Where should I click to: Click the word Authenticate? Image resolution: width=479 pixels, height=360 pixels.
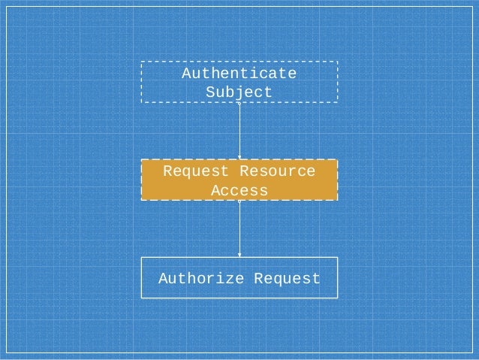click(239, 74)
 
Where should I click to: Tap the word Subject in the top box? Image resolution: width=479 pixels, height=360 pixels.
click(239, 92)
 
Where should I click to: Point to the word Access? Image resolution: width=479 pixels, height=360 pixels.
click(239, 191)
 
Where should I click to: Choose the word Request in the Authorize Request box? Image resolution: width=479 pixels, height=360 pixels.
click(287, 279)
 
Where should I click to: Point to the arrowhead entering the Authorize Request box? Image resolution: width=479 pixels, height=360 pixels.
click(239, 254)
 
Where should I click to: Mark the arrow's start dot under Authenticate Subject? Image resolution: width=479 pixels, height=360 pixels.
click(239, 104)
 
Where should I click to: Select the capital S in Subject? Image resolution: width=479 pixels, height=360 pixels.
click(211, 92)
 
